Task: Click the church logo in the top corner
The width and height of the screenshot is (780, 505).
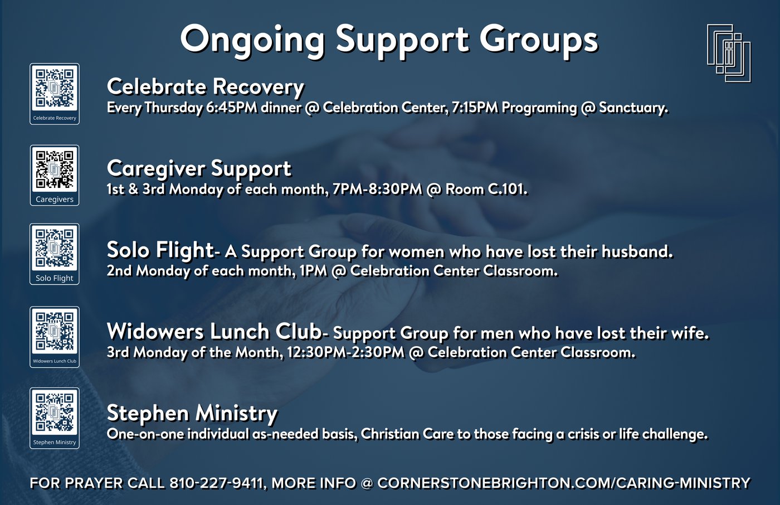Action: pos(729,53)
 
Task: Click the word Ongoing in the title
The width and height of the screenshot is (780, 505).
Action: pos(252,41)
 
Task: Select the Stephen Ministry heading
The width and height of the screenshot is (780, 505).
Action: pos(192,414)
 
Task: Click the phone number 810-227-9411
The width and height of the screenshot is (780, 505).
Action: pos(216,483)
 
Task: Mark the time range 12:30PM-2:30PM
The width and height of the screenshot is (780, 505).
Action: pos(346,352)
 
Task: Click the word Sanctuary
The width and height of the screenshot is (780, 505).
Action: pos(633,108)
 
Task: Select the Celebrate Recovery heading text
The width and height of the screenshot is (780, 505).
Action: pos(206,88)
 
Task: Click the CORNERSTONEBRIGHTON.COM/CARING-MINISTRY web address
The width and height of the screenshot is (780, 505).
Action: pos(564,483)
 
